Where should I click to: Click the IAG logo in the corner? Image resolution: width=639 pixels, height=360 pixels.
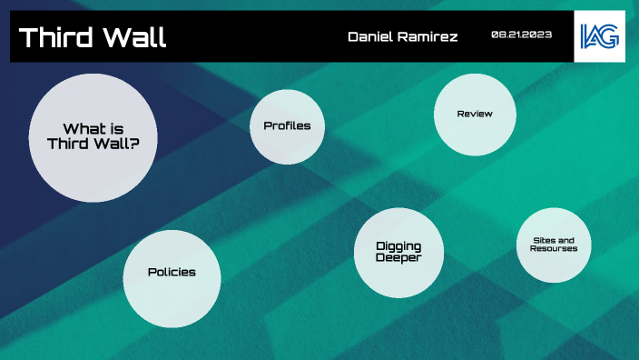[x=598, y=36]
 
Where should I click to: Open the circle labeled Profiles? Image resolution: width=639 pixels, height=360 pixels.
[x=287, y=126]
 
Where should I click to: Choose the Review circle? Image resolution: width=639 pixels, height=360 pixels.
[x=475, y=115]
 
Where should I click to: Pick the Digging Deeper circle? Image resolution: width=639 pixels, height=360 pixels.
[x=398, y=253]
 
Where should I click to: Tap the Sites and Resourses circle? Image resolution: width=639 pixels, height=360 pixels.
[x=554, y=245]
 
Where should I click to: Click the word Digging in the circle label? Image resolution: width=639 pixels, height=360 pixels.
[x=398, y=246]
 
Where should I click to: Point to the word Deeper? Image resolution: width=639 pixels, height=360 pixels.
[x=398, y=258]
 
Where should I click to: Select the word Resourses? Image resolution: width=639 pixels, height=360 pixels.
[x=554, y=248]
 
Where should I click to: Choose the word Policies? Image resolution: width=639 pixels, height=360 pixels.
[x=172, y=273]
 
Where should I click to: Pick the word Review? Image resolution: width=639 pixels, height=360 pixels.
[x=475, y=115]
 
